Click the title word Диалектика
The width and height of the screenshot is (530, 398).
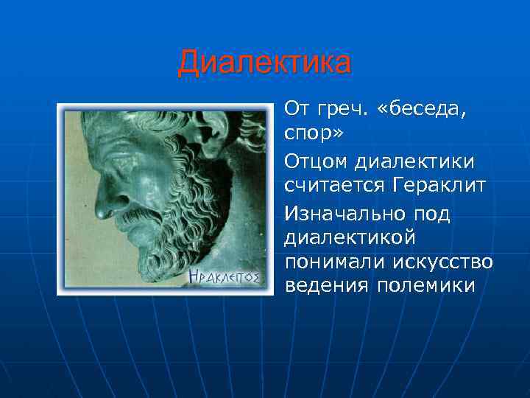[264, 63]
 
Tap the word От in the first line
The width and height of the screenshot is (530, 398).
[297, 110]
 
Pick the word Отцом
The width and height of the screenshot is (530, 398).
[317, 160]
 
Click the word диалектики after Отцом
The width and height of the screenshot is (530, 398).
[417, 160]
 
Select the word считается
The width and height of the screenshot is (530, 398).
[332, 186]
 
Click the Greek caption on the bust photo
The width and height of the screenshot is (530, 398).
[225, 277]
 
